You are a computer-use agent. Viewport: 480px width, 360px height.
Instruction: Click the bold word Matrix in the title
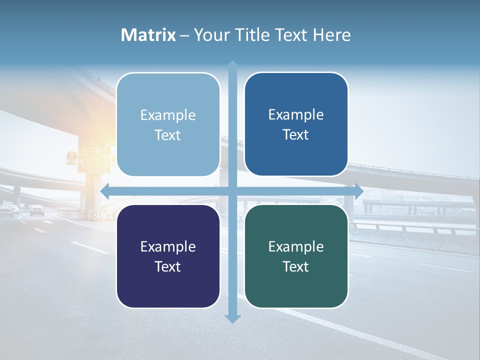(x=148, y=35)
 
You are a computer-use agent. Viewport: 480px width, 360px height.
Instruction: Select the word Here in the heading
(x=331, y=35)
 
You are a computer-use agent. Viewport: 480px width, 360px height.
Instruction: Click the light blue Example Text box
(x=168, y=124)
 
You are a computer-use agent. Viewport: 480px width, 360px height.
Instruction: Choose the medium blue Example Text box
(x=296, y=124)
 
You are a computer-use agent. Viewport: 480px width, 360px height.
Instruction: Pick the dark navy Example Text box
(x=168, y=256)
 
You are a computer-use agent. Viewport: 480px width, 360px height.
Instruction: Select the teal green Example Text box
(x=296, y=256)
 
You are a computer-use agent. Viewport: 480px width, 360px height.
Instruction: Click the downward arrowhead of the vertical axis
(x=232, y=318)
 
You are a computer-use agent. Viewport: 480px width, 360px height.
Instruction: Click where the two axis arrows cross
(x=232, y=191)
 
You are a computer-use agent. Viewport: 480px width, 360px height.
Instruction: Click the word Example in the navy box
(x=168, y=246)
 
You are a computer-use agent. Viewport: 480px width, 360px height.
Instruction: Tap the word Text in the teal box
(x=296, y=266)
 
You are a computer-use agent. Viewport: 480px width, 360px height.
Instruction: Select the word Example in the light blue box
(x=168, y=115)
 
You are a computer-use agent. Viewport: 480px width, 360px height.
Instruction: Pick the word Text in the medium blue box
(x=296, y=134)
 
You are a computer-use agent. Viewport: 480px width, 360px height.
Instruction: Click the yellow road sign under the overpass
(x=93, y=157)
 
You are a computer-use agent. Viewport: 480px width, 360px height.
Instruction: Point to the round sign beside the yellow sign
(x=72, y=156)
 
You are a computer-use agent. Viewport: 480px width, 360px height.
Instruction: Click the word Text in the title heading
(x=290, y=35)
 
